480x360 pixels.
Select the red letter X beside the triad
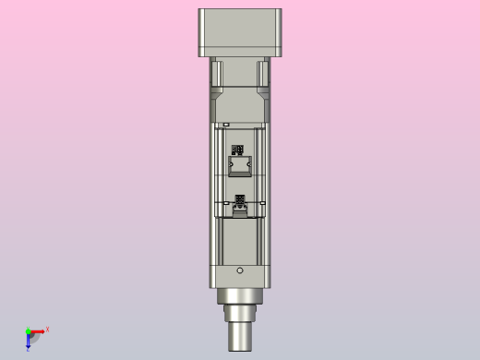point(47,329)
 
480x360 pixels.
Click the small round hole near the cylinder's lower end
point(240,270)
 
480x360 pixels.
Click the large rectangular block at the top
point(240,32)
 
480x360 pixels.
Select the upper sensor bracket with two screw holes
point(240,165)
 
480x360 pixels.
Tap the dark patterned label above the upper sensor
point(238,149)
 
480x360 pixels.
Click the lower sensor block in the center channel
point(241,211)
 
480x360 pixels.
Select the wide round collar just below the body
point(240,296)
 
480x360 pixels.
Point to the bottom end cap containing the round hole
point(240,274)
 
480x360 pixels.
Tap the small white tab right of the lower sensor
point(262,202)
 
